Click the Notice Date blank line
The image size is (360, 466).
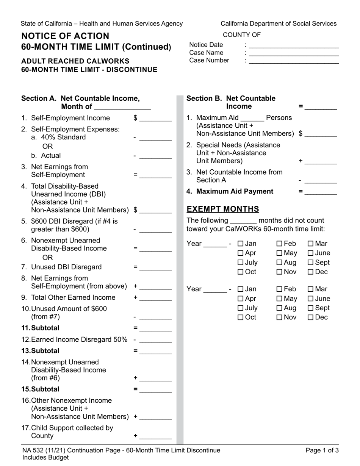point(294,46)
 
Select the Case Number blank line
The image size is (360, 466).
point(294,62)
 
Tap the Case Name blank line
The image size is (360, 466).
point(294,54)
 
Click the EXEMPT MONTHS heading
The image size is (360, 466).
point(223,209)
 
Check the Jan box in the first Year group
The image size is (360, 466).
point(240,244)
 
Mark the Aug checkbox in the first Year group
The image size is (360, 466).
point(279,263)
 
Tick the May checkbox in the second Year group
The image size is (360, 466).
point(279,299)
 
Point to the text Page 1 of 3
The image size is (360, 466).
point(322,450)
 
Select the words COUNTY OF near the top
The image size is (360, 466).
point(241,35)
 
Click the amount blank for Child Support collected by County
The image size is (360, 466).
point(155,437)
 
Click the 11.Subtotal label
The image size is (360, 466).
point(40,328)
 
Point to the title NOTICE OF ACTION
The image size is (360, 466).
point(65,36)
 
